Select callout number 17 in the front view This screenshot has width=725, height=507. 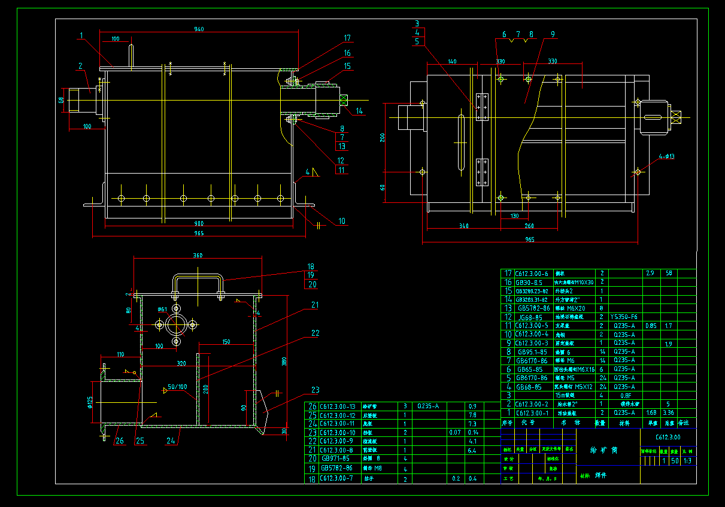tap(347, 38)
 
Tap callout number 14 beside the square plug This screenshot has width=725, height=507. tap(359, 111)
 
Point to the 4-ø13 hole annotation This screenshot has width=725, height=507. tap(666, 157)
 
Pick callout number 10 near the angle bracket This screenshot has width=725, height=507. tap(341, 221)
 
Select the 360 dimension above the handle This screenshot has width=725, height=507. tap(197, 256)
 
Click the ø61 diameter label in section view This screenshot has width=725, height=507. tap(162, 309)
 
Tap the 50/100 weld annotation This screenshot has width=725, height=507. tap(177, 387)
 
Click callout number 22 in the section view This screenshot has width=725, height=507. tap(315, 333)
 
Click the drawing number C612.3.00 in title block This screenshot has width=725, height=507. tap(668, 437)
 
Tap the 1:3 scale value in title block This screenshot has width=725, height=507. tap(688, 460)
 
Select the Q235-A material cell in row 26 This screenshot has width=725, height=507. tap(428, 406)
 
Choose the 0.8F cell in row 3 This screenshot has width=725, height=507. tap(625, 395)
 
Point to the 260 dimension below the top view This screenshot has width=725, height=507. tap(529, 226)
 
